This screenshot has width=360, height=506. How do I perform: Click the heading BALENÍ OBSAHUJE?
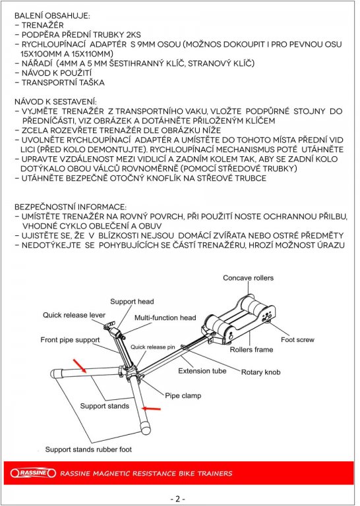[x=52, y=16]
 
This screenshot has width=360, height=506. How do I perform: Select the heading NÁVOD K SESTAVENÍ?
[x=55, y=101]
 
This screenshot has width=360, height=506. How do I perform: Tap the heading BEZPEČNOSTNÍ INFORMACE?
[x=71, y=207]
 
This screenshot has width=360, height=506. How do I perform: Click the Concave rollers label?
[x=248, y=278]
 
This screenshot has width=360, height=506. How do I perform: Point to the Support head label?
[x=132, y=301]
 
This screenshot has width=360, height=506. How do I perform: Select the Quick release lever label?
[x=74, y=315]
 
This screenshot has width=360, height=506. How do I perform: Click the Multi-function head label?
[x=165, y=318]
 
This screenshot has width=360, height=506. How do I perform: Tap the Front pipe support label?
[x=70, y=340]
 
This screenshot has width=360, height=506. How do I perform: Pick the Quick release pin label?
[x=153, y=347]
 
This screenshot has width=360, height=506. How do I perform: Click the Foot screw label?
[x=297, y=339]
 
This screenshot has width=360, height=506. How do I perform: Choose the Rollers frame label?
[x=251, y=349]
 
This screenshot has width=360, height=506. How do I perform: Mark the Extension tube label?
[x=202, y=371]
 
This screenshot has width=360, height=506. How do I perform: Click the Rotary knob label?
[x=260, y=372]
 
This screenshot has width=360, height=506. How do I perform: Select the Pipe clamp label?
[x=183, y=395]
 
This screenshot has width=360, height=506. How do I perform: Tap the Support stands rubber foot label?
[x=88, y=449]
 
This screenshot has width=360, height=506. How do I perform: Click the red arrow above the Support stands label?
[x=79, y=366]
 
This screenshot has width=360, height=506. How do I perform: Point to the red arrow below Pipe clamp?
[x=151, y=409]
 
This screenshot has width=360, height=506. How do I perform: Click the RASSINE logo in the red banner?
[x=33, y=473]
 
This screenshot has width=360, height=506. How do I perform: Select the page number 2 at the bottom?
[x=177, y=499]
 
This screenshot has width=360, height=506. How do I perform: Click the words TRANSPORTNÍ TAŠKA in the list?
[x=63, y=82]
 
